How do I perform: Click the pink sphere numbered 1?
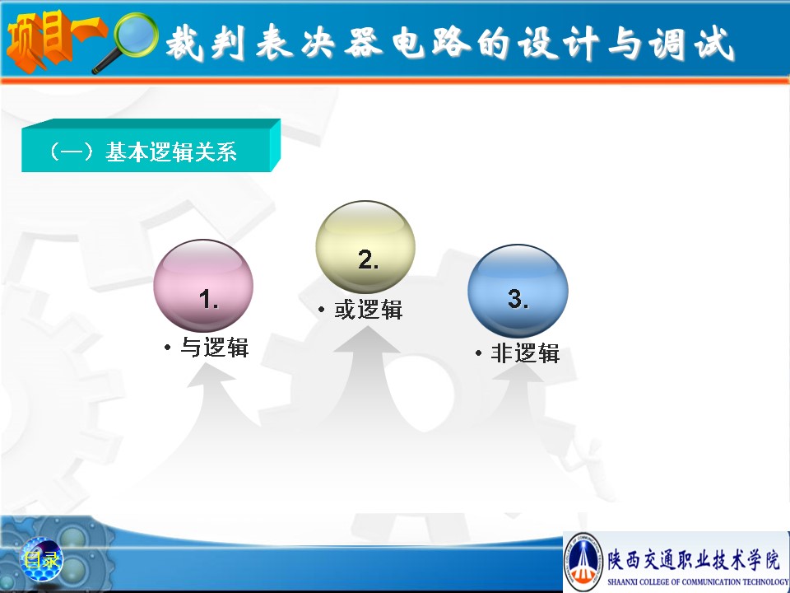click(x=203, y=286)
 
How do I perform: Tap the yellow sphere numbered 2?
click(x=365, y=247)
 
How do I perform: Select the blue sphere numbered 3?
click(x=518, y=291)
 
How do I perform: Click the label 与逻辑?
click(x=215, y=348)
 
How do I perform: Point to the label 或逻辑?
click(x=369, y=310)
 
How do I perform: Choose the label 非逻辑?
click(x=526, y=353)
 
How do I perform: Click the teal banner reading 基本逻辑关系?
click(x=151, y=146)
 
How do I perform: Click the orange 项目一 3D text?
click(x=54, y=40)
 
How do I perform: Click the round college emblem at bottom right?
click(x=583, y=561)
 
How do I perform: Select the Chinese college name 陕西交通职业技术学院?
click(x=694, y=560)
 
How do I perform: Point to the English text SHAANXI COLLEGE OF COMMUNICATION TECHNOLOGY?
click(x=699, y=582)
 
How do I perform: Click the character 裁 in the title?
click(x=185, y=42)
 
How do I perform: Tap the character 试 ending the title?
click(x=714, y=44)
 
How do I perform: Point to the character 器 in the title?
click(x=363, y=42)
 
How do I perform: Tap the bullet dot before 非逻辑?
click(x=478, y=353)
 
